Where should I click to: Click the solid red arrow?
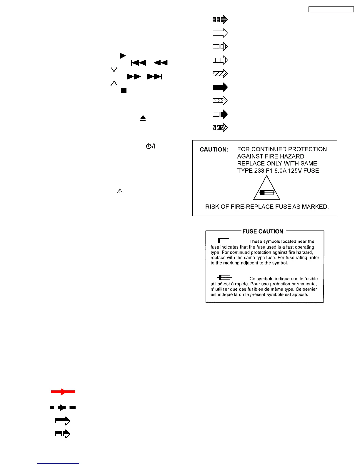coord(63,392)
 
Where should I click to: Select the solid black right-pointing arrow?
coord(220,87)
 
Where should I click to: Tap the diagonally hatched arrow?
coord(220,74)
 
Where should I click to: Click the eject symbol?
coord(143,118)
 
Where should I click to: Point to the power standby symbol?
coord(150,146)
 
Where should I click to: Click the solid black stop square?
coord(124,91)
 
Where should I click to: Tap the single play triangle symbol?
coord(123,56)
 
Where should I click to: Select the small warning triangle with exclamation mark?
coord(120,191)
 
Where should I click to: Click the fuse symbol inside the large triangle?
coord(266,193)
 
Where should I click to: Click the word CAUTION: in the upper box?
coord(214,149)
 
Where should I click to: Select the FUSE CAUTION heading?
coord(263,232)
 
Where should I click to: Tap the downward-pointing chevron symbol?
coord(114,69)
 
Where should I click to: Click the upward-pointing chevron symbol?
coord(114,84)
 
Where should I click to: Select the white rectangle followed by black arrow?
coord(220,114)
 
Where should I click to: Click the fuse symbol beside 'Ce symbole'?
coord(224,277)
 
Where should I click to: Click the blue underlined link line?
coord(58,464)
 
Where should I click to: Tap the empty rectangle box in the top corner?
coord(331,9)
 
